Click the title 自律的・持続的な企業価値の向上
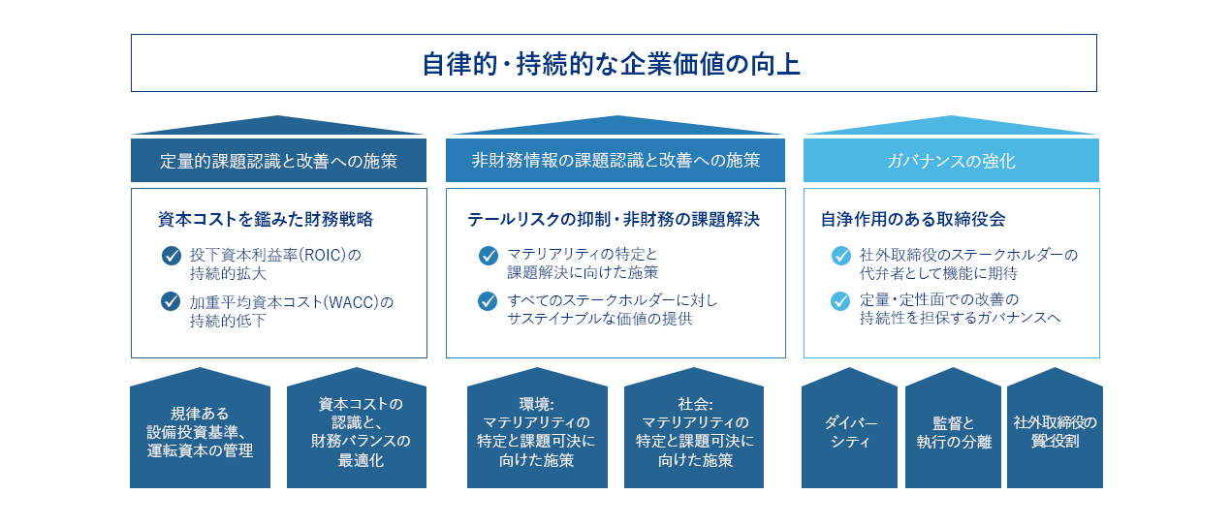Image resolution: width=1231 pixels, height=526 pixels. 613,64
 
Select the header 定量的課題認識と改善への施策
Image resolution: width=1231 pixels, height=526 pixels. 278,161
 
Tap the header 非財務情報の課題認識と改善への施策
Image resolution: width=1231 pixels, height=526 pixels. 615,161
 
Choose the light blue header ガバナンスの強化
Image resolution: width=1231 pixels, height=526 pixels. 951,161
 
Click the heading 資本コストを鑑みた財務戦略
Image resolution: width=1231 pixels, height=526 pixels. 266,220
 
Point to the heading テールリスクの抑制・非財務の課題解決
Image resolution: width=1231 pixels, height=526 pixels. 614,220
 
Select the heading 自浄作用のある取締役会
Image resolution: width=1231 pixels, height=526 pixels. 913,220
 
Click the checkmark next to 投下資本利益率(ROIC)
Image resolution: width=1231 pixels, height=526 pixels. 172,256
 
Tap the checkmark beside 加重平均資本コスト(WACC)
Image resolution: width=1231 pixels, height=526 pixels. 172,302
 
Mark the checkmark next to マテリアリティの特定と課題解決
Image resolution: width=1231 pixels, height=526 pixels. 489,256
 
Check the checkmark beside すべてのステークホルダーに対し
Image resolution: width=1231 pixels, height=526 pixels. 489,301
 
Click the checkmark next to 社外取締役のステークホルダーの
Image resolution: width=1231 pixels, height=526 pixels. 840,256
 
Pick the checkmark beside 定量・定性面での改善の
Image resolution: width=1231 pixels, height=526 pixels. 840,301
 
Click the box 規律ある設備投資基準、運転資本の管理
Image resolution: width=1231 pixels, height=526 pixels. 200,432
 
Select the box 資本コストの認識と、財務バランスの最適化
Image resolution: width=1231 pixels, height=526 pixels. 357,432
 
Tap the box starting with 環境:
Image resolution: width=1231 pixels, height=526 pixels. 537,432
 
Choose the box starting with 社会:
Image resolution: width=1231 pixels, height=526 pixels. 694,432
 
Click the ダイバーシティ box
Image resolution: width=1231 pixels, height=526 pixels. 850,432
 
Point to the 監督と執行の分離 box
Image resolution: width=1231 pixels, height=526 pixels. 953,432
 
